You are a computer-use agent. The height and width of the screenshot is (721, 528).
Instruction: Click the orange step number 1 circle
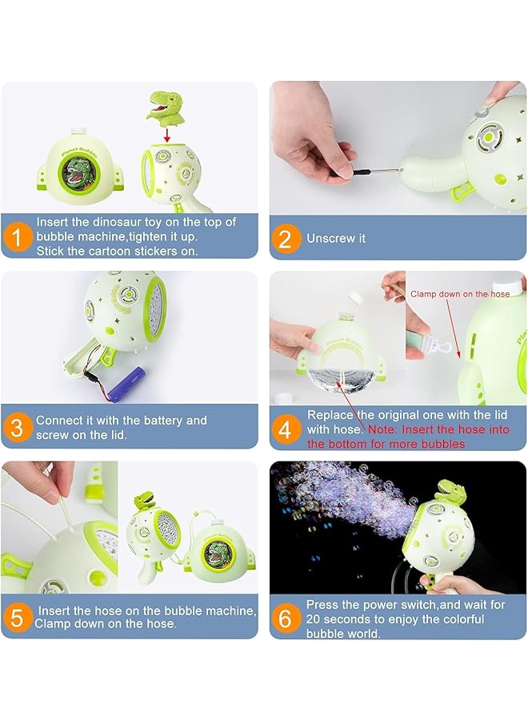tap(18, 237)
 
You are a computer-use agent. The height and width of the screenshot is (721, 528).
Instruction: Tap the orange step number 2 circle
tap(286, 238)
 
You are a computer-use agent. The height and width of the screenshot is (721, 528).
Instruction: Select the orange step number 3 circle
tap(18, 427)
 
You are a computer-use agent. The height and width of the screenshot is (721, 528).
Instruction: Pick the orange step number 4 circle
tap(286, 429)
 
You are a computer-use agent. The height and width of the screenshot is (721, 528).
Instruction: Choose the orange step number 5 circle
tap(18, 617)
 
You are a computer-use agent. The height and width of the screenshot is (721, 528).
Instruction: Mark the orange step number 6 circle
tap(286, 618)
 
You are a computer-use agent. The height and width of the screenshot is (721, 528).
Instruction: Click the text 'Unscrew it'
tap(335, 238)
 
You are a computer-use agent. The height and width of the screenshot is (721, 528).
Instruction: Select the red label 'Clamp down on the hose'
tap(460, 294)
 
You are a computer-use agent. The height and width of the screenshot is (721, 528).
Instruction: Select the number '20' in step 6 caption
tap(314, 619)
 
